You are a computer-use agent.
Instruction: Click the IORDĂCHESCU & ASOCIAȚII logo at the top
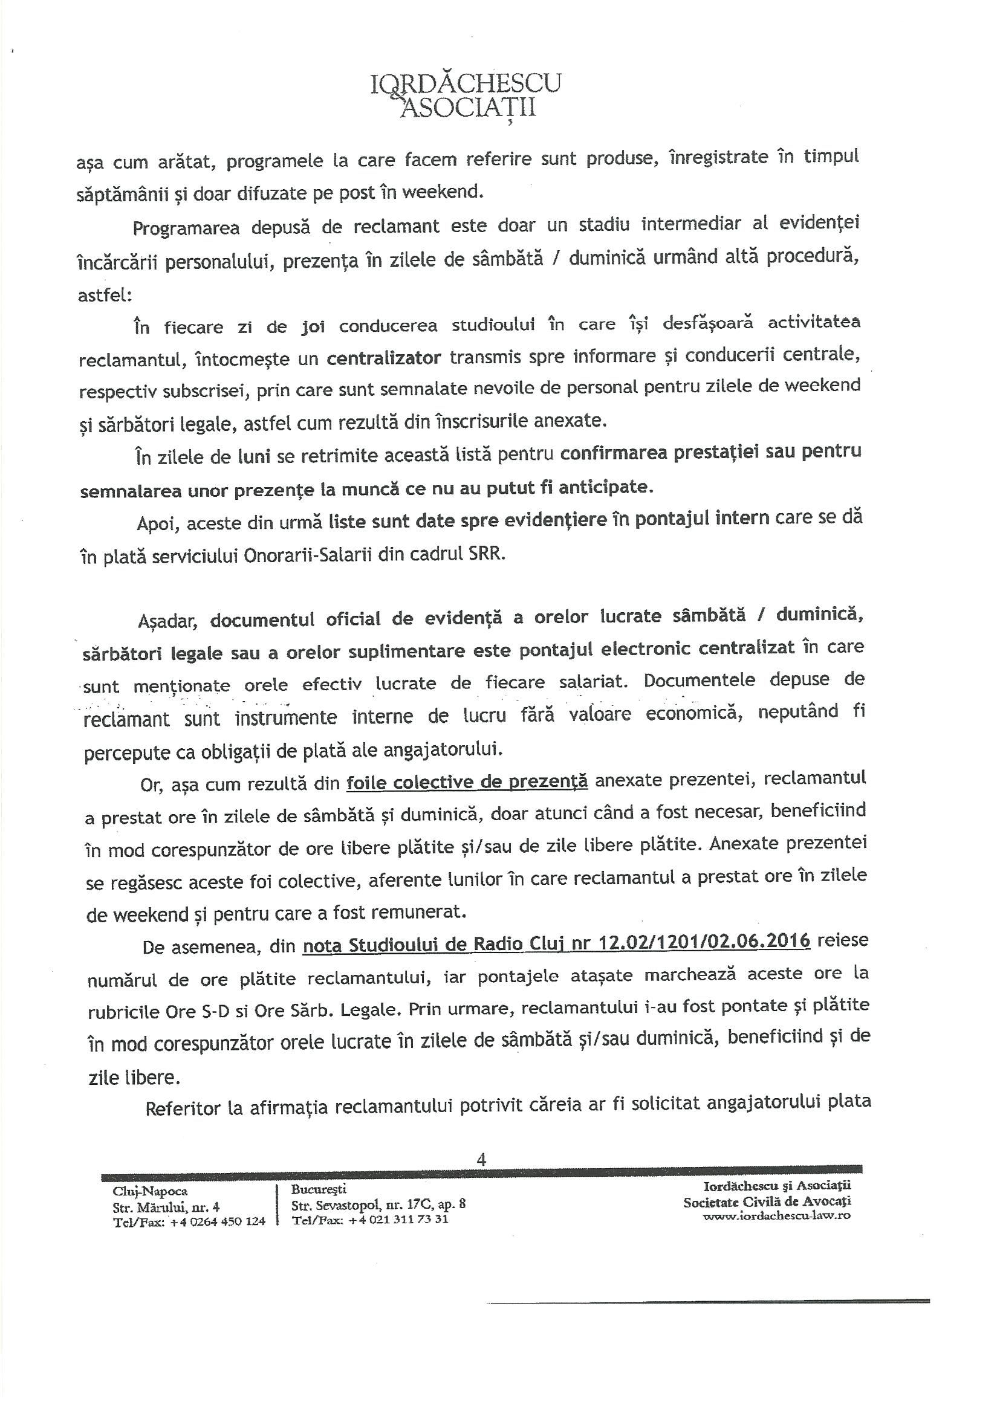point(466,95)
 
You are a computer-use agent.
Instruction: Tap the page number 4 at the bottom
point(481,1159)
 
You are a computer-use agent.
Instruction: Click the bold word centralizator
point(384,358)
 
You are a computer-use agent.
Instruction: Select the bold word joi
point(313,325)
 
